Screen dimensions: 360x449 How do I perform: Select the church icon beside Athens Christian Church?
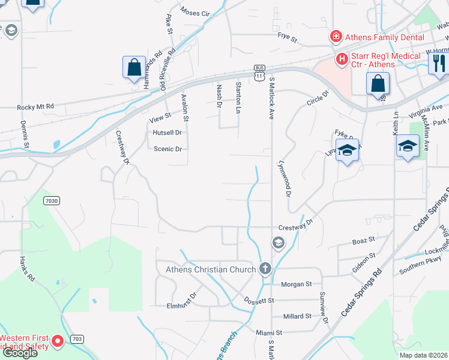click(265, 269)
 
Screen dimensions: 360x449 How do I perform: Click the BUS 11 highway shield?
click(259, 73)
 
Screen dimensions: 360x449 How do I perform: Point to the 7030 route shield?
click(52, 200)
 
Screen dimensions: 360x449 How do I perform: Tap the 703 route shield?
click(76, 339)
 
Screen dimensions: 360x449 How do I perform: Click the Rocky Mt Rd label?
click(35, 107)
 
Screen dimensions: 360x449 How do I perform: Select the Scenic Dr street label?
click(167, 149)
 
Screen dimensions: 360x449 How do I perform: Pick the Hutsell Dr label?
click(167, 133)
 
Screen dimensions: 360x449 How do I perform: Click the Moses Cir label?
click(194, 13)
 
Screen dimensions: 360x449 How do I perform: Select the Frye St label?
click(287, 40)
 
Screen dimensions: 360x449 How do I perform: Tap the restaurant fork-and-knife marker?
click(439, 62)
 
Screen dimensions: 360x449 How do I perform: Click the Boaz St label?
click(364, 239)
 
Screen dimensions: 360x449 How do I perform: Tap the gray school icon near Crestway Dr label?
click(278, 242)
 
